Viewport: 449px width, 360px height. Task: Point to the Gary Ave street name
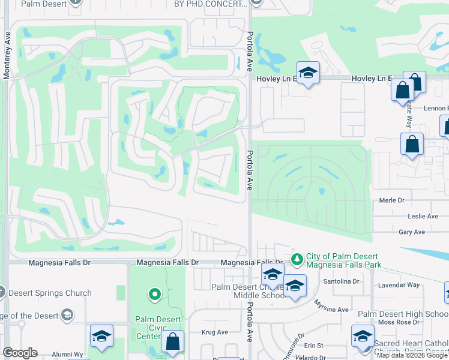point(411,232)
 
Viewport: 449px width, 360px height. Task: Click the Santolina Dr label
point(340,281)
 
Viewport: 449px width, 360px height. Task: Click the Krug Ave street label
point(215,332)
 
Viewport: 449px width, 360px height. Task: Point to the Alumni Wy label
point(67,354)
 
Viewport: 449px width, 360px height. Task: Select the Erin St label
point(313,346)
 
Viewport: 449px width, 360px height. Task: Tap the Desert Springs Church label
point(49,293)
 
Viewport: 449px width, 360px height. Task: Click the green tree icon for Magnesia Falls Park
point(297,259)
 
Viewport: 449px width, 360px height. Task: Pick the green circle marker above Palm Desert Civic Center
point(155,294)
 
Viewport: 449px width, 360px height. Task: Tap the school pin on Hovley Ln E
point(308,73)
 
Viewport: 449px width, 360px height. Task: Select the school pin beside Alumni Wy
point(101,337)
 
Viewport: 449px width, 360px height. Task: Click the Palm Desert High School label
point(403,314)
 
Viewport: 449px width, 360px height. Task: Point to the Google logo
point(20,353)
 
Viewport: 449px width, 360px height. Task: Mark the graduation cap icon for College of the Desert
point(67,316)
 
